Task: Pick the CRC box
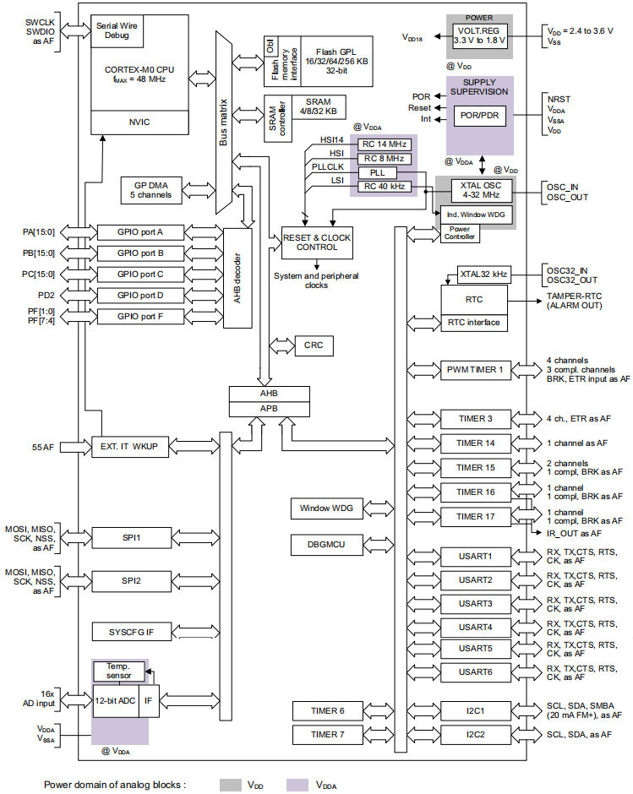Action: click(x=314, y=345)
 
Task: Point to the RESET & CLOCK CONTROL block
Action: click(x=317, y=242)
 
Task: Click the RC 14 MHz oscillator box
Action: click(x=385, y=144)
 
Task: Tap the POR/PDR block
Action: click(x=480, y=116)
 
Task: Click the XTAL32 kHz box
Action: click(x=483, y=274)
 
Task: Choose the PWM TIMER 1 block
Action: click(x=474, y=369)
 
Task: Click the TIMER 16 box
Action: click(x=475, y=492)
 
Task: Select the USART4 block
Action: click(x=475, y=627)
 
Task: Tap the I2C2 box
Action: click(x=475, y=734)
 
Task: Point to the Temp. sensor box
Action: click(x=117, y=671)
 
